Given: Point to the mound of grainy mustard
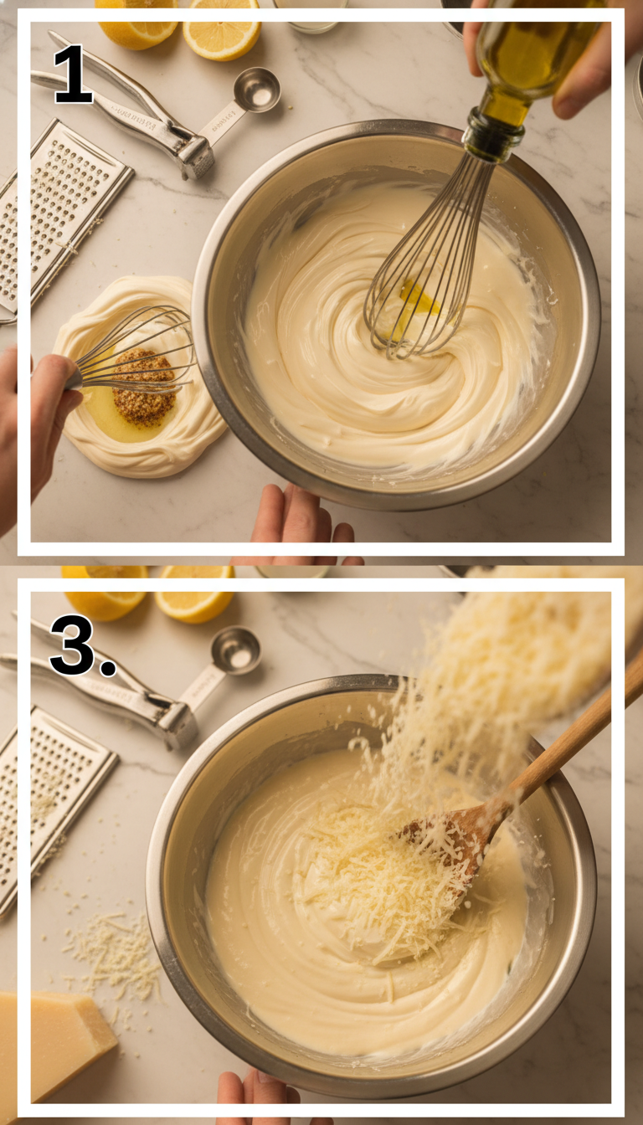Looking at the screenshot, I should [x=144, y=387].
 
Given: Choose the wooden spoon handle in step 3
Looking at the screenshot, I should [x=578, y=737].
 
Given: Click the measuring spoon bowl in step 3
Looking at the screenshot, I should [x=235, y=650].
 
